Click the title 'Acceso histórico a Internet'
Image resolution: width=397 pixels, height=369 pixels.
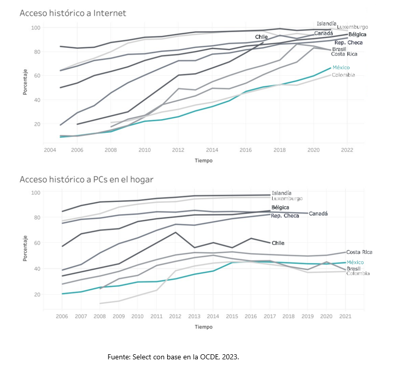click(x=72, y=13)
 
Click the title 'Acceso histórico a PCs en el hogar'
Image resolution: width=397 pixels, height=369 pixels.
click(x=86, y=179)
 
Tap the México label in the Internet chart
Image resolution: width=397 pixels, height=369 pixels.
click(x=341, y=68)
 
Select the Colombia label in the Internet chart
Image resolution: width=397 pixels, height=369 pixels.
click(x=343, y=75)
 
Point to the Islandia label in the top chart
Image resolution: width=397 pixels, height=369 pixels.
click(x=326, y=23)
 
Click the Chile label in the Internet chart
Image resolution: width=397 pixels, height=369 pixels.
click(x=261, y=37)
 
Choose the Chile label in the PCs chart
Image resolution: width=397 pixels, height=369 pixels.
click(x=278, y=243)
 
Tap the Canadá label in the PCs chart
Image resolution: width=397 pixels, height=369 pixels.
click(x=319, y=214)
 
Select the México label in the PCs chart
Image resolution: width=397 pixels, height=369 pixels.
click(x=355, y=262)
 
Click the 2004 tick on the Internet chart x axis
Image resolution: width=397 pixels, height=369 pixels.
click(x=50, y=150)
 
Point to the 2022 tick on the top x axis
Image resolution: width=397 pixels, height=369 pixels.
click(x=347, y=150)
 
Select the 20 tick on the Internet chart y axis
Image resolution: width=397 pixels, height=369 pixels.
click(x=36, y=124)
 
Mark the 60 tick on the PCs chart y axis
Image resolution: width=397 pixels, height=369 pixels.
click(x=36, y=243)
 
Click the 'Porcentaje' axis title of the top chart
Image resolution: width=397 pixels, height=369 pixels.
click(x=25, y=82)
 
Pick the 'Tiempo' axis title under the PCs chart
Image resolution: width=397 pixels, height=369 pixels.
click(x=203, y=326)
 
